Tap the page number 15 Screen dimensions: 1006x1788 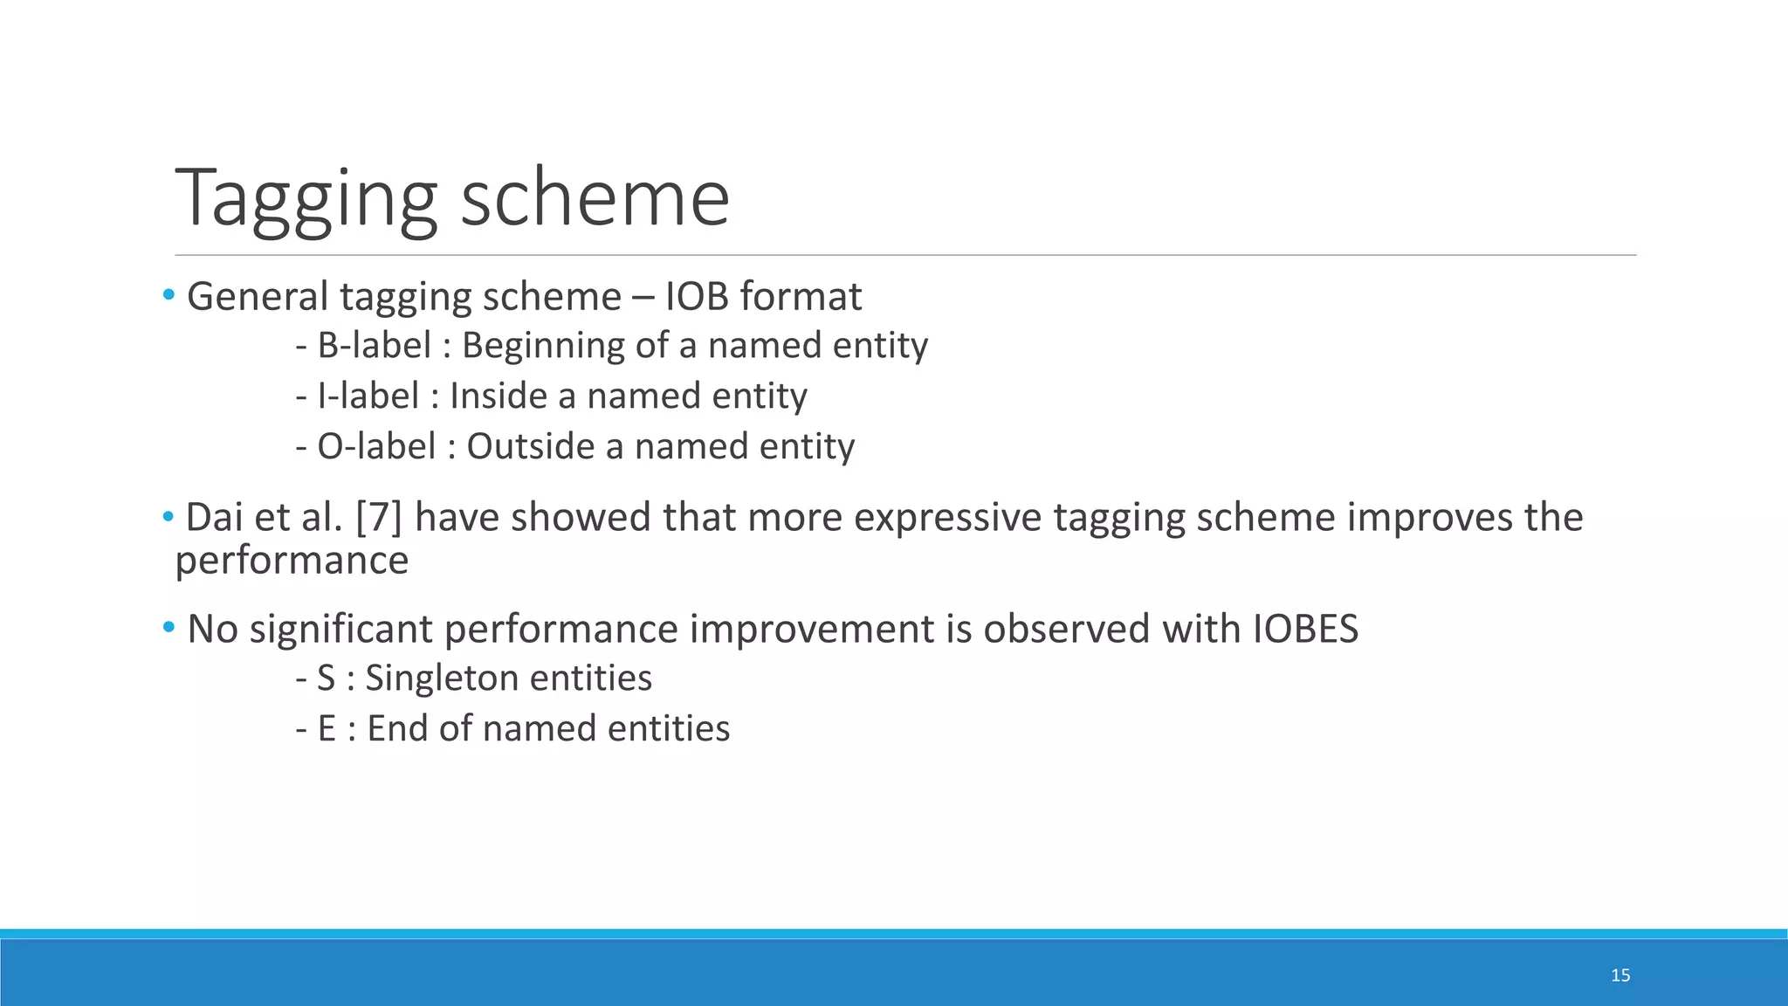pos(1620,975)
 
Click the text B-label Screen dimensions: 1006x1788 pos(374,345)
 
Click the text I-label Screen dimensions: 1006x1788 pos(368,396)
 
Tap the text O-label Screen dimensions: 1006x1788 pos(375,446)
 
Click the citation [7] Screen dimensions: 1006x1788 pos(379,517)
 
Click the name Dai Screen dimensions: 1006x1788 pos(213,517)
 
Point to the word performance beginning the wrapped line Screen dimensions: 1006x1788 pos(292,561)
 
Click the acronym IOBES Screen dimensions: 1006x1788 pos(1305,629)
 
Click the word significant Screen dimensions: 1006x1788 pos(340,629)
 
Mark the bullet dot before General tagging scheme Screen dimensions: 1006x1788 pos(168,294)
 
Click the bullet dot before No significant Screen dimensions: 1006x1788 pos(168,627)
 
